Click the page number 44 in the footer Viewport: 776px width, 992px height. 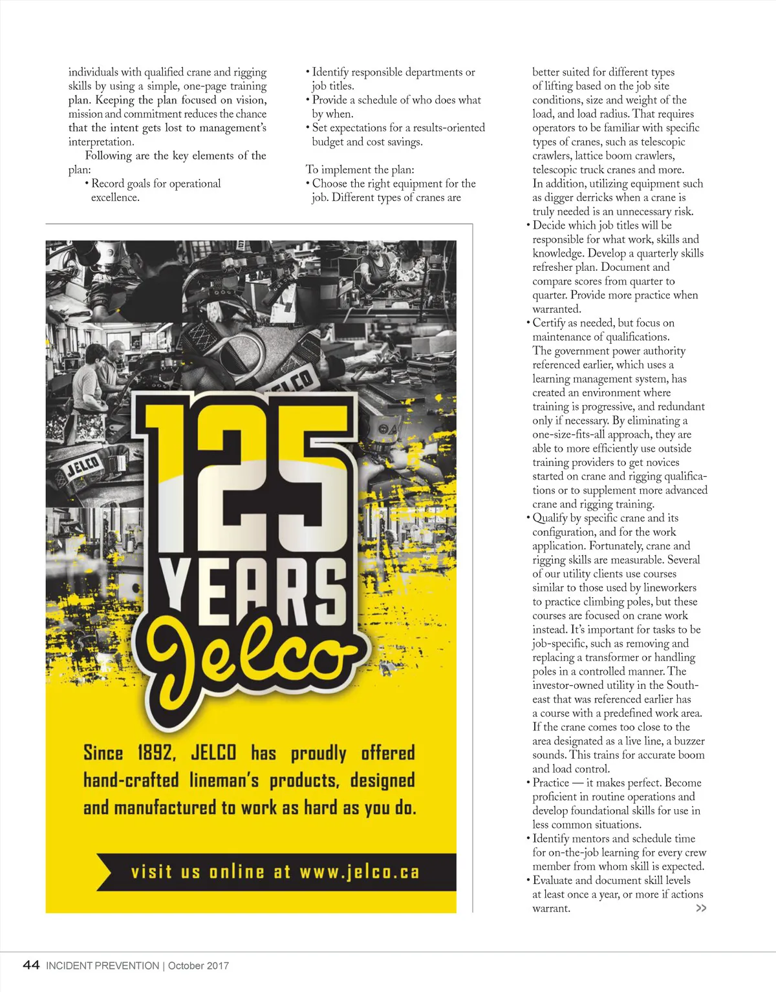[x=31, y=965]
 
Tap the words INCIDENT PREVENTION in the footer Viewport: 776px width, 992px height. [x=102, y=966]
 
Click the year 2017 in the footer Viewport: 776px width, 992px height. [x=217, y=966]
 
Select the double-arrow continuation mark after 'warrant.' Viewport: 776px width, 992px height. [x=701, y=908]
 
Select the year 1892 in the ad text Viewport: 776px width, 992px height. [x=155, y=753]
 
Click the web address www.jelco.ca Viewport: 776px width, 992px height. [x=360, y=872]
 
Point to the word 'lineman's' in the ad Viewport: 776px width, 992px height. [x=224, y=781]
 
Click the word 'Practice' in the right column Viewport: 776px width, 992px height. [x=551, y=783]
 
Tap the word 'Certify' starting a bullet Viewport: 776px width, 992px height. [x=549, y=322]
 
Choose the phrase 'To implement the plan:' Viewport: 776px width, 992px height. [x=360, y=169]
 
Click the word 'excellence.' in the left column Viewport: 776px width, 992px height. [x=115, y=197]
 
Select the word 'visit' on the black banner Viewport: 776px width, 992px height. [x=151, y=872]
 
